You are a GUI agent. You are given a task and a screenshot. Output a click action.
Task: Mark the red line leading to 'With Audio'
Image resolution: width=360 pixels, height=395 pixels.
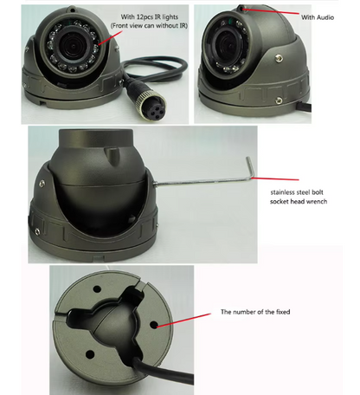coord(273,13)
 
